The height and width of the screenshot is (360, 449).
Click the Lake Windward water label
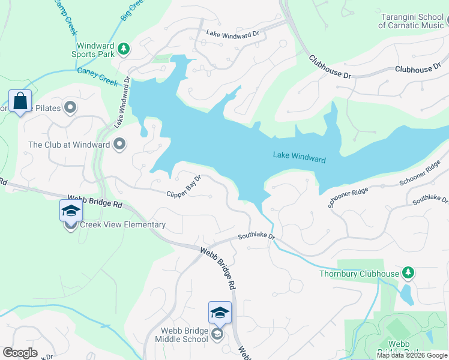[x=299, y=157]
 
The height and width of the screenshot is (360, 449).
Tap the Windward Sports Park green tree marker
[x=123, y=48]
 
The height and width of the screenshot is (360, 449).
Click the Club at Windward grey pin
[x=119, y=144]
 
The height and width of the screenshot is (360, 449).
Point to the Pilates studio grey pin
[x=71, y=108]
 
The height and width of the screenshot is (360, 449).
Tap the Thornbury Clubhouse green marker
[x=408, y=274]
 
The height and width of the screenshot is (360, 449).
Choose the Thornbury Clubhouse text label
[x=359, y=274]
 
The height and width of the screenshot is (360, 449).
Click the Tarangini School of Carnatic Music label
[x=411, y=20]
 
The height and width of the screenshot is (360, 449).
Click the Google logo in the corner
[x=20, y=352]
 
